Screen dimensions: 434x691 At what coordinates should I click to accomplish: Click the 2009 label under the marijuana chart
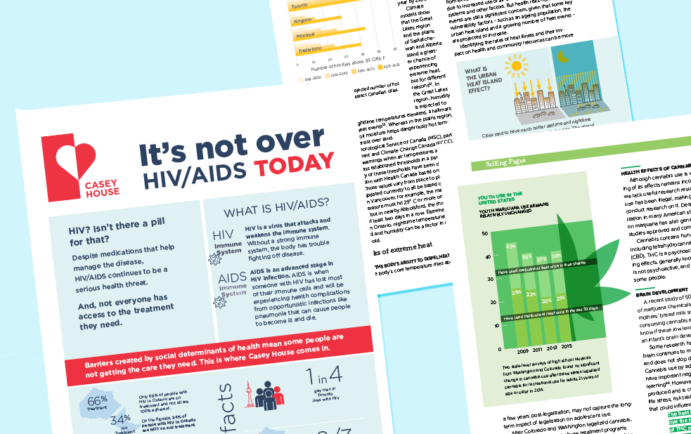coord(524,348)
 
